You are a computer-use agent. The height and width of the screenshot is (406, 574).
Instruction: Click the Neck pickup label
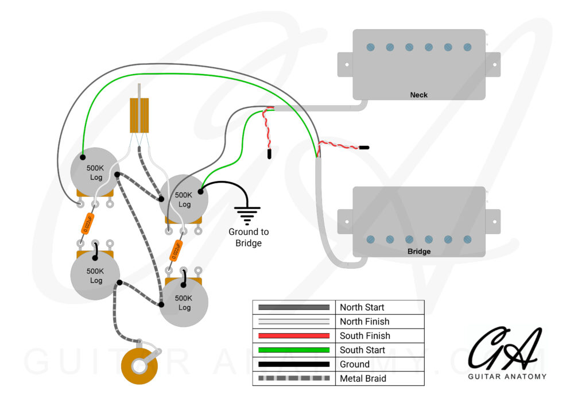coord(418,95)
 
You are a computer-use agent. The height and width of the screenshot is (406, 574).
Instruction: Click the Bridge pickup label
coord(418,252)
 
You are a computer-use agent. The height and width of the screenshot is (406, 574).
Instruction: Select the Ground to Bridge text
coord(249,237)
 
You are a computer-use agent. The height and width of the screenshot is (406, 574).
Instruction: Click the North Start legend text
coord(362,307)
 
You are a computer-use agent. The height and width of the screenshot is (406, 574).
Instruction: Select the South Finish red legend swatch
coord(294,335)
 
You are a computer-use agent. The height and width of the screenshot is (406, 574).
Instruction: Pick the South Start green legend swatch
coord(294,350)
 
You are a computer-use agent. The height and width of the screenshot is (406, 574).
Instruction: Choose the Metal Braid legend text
coord(363,378)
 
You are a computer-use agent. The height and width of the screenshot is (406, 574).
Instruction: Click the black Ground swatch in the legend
coord(294,364)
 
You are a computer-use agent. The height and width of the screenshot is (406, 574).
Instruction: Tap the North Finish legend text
coord(364,322)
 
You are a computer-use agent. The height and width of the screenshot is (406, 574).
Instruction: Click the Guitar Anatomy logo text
coord(507,377)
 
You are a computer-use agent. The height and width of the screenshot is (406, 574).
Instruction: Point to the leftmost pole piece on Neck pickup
coord(370,47)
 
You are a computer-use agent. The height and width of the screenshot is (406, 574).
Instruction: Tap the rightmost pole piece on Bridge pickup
coord(467,239)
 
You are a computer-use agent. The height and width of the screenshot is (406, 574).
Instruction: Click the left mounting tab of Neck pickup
coord(345,63)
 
